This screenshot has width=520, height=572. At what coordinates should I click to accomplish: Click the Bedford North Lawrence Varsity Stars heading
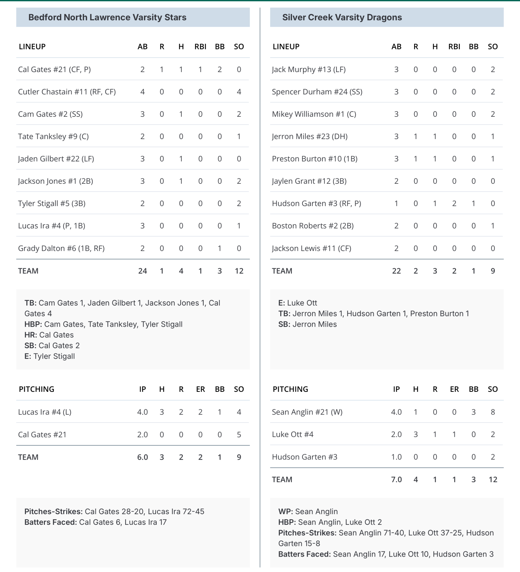107,17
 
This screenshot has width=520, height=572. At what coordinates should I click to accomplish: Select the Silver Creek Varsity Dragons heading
342,17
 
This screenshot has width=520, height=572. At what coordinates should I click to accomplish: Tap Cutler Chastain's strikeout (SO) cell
239,92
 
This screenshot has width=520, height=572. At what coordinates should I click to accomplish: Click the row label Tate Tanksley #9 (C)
53,137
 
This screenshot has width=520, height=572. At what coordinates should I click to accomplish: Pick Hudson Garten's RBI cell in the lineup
454,203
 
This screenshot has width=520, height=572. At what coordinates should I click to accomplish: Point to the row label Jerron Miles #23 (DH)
310,137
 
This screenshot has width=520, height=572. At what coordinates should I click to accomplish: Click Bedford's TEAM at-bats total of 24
143,271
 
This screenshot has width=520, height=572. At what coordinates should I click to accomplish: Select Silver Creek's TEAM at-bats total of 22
396,271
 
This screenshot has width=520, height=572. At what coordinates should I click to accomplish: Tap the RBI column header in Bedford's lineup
200,47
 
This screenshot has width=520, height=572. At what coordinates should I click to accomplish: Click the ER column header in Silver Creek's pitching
454,389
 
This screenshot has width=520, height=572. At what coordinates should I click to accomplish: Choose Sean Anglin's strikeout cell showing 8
493,412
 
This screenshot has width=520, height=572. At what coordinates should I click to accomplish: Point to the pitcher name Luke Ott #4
293,434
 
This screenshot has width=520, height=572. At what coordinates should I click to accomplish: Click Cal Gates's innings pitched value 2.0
143,435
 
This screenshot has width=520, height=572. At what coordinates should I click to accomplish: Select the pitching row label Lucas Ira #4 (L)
44,412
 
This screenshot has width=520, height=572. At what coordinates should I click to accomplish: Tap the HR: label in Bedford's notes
31,335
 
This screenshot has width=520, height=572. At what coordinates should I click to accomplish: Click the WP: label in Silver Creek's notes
286,511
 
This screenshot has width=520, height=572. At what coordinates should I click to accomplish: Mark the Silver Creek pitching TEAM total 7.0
396,480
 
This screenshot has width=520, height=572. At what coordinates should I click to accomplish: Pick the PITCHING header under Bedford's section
37,389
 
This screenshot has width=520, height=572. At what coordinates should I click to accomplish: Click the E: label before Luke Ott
281,303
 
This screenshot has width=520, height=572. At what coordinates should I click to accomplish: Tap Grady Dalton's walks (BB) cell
219,248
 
